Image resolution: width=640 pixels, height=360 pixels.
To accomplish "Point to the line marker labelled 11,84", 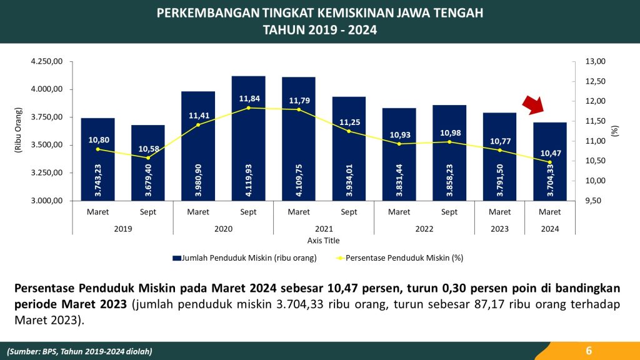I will (248, 108).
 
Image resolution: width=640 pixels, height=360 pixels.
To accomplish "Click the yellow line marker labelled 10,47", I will (550, 162).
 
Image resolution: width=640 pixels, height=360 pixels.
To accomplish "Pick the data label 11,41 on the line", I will (198, 116).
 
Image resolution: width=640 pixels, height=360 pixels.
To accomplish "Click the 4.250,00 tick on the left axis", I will (47, 61).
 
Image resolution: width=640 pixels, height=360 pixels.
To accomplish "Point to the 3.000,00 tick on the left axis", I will (47, 201).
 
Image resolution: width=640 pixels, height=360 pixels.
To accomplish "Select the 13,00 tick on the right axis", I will (596, 61).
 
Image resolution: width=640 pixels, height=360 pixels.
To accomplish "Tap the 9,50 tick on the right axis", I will (594, 201).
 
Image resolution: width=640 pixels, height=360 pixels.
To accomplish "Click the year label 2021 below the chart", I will (324, 229).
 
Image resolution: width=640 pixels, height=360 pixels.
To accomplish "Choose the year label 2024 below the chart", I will (550, 229).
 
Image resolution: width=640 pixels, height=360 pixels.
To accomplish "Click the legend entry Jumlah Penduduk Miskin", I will (245, 257).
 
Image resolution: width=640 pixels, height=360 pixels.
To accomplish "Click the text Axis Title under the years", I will (323, 241).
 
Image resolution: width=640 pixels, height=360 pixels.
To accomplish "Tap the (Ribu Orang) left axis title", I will (18, 131).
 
